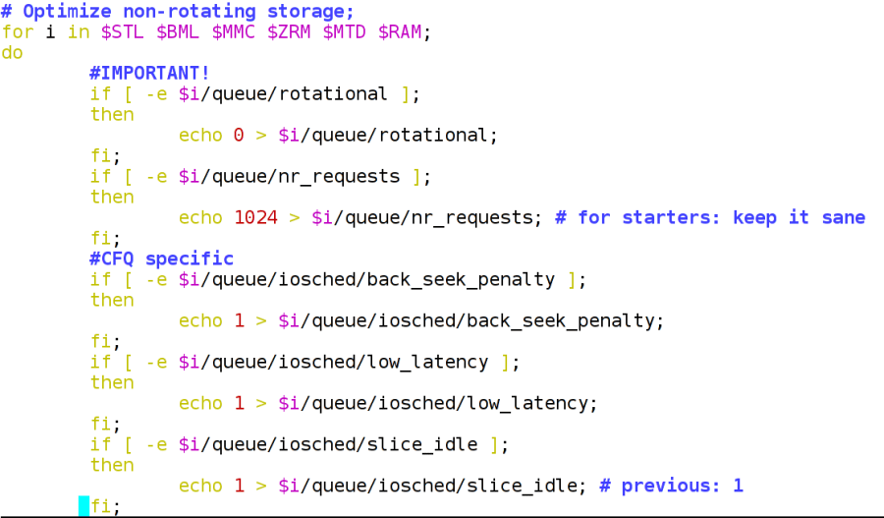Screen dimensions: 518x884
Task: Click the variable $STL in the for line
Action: pos(123,31)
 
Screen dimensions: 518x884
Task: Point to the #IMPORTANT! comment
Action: pos(149,73)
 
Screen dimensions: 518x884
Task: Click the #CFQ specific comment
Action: pos(162,259)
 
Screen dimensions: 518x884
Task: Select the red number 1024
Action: pos(255,217)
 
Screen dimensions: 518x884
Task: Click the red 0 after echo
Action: pos(239,135)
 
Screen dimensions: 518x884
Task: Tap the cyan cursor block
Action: pos(84,506)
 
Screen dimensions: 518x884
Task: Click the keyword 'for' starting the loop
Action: pos(18,31)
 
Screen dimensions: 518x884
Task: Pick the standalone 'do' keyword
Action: pos(12,52)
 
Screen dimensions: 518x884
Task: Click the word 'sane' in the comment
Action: pos(843,217)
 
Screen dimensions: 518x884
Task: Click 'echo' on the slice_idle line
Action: pos(200,486)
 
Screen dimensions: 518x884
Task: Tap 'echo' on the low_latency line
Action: pos(200,403)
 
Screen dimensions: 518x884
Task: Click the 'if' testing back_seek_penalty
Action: pos(100,279)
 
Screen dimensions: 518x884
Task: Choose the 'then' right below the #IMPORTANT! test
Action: pos(112,114)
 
